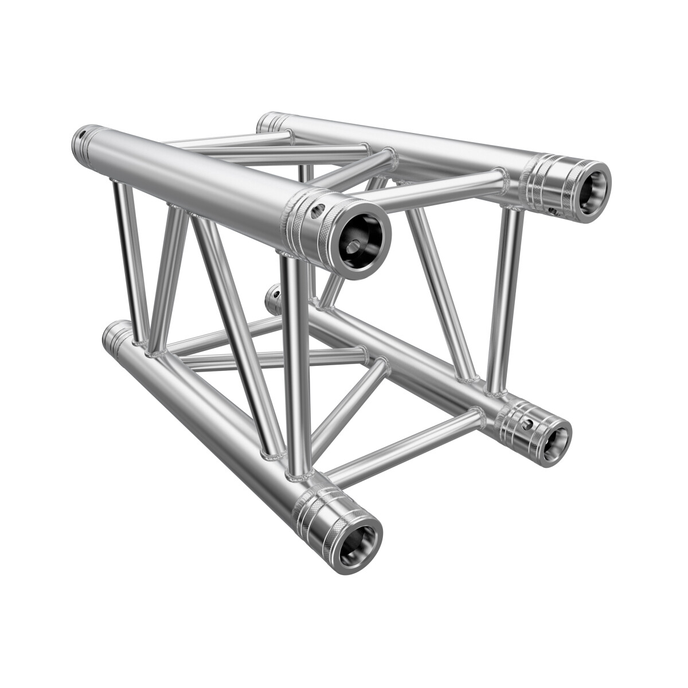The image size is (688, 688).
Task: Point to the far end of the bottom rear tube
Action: click(x=273, y=296)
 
